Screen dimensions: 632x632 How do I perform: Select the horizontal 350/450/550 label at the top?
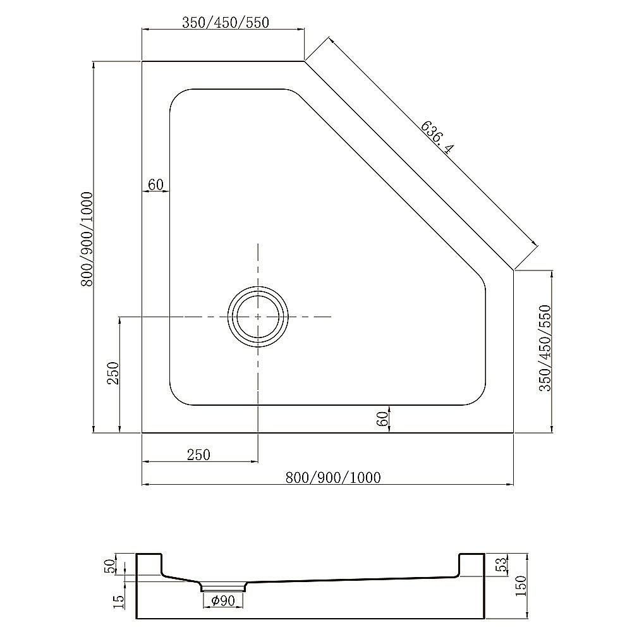pos(226,23)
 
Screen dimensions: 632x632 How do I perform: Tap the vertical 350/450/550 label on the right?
pos(545,348)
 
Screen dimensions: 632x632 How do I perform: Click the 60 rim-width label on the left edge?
pos(155,185)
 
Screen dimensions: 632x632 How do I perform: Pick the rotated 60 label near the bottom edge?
pos(381,418)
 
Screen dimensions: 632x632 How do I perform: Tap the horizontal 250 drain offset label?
pos(198,454)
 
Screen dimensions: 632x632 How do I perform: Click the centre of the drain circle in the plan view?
pos(258,317)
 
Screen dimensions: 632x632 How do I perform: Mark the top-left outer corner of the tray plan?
pos(142,61)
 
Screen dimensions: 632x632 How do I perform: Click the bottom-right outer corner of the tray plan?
pos(513,433)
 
